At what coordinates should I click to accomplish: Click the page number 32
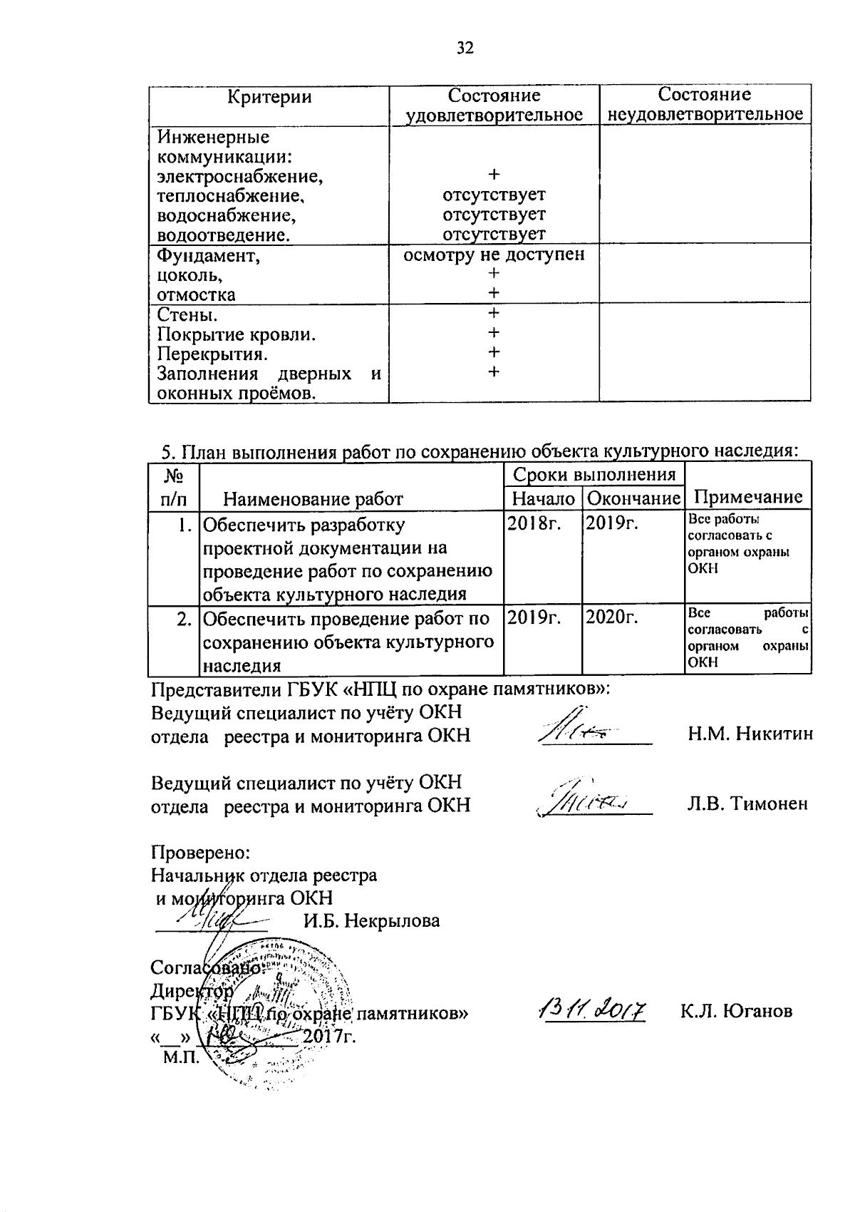coord(465,48)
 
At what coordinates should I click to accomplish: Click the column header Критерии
coord(269,97)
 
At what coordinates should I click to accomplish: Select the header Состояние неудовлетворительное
coord(705,104)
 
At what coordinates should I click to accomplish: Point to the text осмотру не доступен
coord(494,255)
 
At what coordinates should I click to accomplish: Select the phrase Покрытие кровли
coord(237,334)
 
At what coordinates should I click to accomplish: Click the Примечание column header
coord(747,497)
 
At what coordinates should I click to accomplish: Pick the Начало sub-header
coord(543,498)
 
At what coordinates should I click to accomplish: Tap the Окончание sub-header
coord(633,498)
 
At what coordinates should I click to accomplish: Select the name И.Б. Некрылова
coord(370,920)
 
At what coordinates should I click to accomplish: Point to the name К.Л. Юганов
coord(736,1011)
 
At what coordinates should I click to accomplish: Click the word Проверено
coord(200,852)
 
